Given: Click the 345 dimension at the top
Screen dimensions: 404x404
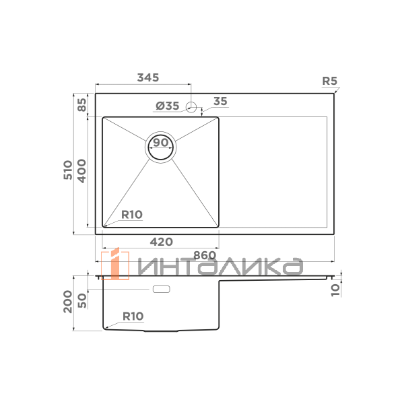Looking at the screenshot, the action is (148, 77).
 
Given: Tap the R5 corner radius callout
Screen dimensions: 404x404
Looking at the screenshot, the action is (329, 81).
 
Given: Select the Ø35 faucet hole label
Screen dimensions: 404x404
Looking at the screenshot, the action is (168, 106).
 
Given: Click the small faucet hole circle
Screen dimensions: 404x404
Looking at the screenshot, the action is (191, 107).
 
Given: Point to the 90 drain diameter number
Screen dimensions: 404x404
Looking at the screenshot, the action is (160, 143).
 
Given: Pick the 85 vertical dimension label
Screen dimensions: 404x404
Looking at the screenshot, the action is (82, 104).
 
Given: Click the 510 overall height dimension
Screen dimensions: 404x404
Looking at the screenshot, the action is (68, 170).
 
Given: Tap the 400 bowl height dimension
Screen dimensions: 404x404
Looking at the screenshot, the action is (81, 171).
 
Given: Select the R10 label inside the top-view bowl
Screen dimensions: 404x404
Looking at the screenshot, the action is (132, 214).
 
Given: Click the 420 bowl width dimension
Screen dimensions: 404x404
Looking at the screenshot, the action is (162, 242).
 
